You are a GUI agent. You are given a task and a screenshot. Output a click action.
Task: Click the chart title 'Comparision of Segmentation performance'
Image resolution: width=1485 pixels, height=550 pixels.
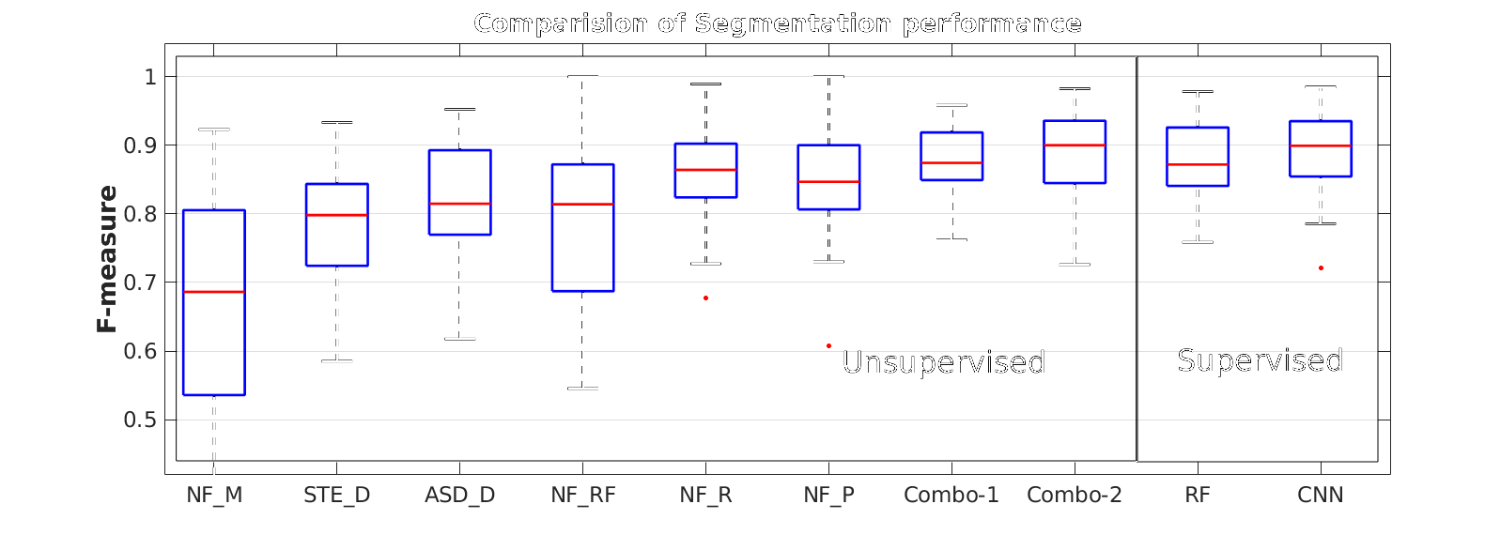click(x=777, y=23)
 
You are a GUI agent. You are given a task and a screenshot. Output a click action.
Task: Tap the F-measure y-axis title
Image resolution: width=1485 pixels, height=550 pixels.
click(x=108, y=258)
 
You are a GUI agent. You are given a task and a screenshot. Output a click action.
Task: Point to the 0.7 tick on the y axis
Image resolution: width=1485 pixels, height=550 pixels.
click(x=140, y=283)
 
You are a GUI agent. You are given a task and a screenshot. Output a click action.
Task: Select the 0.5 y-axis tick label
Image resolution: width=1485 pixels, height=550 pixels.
click(x=140, y=420)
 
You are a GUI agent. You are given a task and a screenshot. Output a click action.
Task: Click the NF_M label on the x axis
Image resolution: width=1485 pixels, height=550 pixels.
click(x=214, y=495)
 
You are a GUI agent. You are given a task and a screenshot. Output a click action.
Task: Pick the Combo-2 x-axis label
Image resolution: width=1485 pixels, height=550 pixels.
click(x=1074, y=495)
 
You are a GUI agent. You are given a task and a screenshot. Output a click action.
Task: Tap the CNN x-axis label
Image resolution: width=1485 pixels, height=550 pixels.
click(x=1320, y=495)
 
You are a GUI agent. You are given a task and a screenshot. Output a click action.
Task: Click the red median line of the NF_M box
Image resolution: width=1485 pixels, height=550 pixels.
click(x=214, y=292)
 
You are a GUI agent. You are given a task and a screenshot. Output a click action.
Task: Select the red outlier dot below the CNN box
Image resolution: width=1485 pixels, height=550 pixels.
click(x=1321, y=268)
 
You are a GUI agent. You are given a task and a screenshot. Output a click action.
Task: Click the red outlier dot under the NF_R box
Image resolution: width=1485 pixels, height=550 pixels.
click(x=705, y=298)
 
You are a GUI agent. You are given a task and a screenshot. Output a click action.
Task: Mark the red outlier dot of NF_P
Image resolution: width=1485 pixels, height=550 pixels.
click(x=828, y=346)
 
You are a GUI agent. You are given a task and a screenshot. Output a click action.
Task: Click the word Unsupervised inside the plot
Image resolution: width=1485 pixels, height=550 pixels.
click(x=943, y=362)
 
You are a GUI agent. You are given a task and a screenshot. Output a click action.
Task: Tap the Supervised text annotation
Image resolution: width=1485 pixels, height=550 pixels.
click(x=1260, y=360)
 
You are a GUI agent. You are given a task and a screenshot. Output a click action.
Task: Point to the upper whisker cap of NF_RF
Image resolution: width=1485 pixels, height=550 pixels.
click(x=582, y=77)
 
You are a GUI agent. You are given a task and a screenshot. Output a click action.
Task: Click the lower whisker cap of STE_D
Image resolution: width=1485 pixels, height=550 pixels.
click(x=337, y=361)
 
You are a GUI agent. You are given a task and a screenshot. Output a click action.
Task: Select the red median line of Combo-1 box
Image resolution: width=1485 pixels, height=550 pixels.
click(x=951, y=163)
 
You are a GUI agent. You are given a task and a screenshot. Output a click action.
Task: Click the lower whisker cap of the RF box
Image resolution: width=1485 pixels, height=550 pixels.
click(x=1198, y=242)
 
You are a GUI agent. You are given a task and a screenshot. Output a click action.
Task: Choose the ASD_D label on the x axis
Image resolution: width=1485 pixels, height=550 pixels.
click(x=459, y=495)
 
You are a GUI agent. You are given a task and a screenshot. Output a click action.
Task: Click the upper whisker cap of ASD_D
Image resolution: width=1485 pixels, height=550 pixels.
click(x=459, y=109)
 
